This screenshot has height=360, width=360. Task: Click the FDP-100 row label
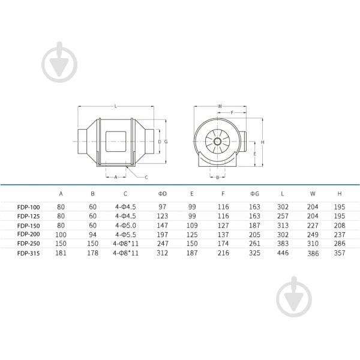[28, 207]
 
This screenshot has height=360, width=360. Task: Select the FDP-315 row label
[28, 253]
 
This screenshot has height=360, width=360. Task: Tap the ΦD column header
[162, 194]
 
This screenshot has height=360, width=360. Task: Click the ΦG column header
[254, 194]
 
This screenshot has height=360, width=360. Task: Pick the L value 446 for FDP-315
[283, 253]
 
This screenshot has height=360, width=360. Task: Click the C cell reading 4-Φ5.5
[125, 235]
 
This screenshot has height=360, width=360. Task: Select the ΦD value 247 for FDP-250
[163, 244]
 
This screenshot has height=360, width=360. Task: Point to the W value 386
[313, 253]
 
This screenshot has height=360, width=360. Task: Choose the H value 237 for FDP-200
[340, 235]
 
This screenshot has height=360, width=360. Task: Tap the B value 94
[92, 235]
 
